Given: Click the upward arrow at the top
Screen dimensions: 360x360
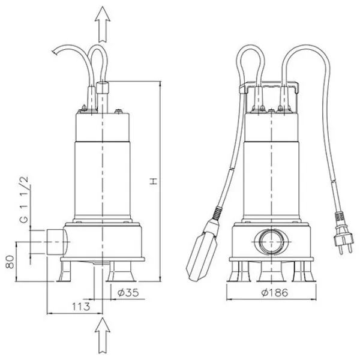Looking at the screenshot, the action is click(103, 24).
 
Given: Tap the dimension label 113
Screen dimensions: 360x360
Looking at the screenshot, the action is click(81, 307).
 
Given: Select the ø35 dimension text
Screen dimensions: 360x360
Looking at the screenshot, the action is click(128, 293).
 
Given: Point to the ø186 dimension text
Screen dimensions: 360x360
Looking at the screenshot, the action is click(275, 293).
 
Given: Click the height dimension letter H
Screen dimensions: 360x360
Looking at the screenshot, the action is click(154, 181).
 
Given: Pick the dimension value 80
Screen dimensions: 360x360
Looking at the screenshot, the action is click(10, 262).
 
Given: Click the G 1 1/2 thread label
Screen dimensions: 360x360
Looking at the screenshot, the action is click(24, 199).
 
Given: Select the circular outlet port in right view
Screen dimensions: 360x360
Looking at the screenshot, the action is click(272, 242).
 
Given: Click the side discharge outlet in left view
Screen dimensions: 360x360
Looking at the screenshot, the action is click(58, 242).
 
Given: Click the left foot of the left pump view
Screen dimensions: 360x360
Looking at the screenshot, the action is click(64, 272).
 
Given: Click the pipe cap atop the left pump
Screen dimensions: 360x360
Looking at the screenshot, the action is click(103, 87).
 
